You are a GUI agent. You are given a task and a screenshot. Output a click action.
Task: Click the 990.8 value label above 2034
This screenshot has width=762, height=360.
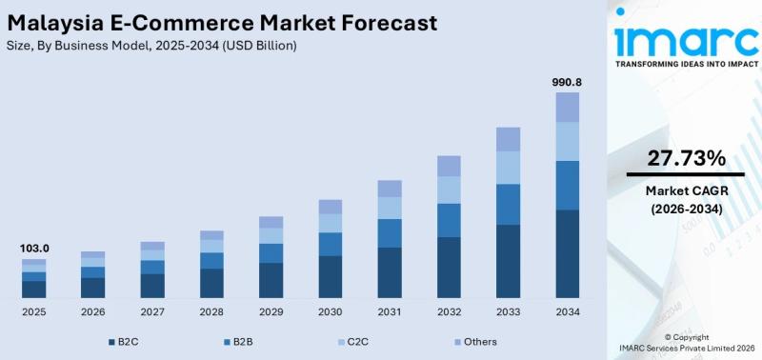point(567,82)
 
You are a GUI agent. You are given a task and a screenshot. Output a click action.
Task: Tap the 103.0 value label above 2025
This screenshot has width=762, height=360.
point(34,249)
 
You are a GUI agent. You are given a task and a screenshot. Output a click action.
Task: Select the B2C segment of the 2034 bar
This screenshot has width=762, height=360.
point(567,253)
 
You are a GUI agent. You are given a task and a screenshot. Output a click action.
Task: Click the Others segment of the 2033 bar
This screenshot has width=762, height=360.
point(508,139)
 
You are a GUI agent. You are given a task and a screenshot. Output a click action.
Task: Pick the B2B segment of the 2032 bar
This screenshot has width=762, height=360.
point(449,221)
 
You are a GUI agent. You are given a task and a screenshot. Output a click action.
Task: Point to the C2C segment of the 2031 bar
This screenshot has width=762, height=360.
point(390,208)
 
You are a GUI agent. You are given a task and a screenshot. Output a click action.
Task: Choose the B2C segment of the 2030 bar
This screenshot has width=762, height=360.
point(331,277)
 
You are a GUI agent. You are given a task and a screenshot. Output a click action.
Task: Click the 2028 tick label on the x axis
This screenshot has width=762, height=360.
point(211,311)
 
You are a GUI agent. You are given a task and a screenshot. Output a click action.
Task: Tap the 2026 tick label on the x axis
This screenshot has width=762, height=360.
point(92,311)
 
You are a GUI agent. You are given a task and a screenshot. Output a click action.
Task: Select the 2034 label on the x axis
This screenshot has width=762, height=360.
point(567,311)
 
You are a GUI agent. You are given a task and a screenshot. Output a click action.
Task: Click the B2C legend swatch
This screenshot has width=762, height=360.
point(111,343)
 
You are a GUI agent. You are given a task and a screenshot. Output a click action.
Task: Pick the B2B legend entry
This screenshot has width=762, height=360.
point(237,342)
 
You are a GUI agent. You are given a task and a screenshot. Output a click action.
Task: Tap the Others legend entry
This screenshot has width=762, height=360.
point(475,342)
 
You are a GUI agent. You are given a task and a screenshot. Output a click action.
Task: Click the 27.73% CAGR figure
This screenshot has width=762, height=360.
point(686,158)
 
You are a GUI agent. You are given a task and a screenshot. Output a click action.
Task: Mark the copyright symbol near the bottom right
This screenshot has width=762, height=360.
point(668,337)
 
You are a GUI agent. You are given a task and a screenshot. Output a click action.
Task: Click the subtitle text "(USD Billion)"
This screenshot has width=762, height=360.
point(259,46)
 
